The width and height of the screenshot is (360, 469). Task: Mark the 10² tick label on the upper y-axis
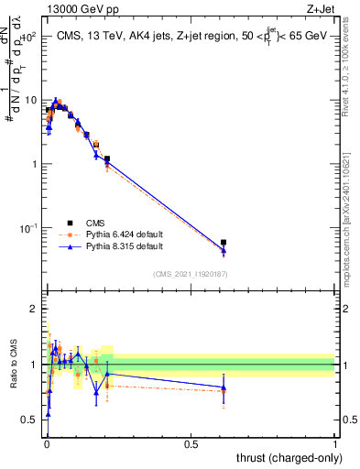[x=29, y=37]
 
